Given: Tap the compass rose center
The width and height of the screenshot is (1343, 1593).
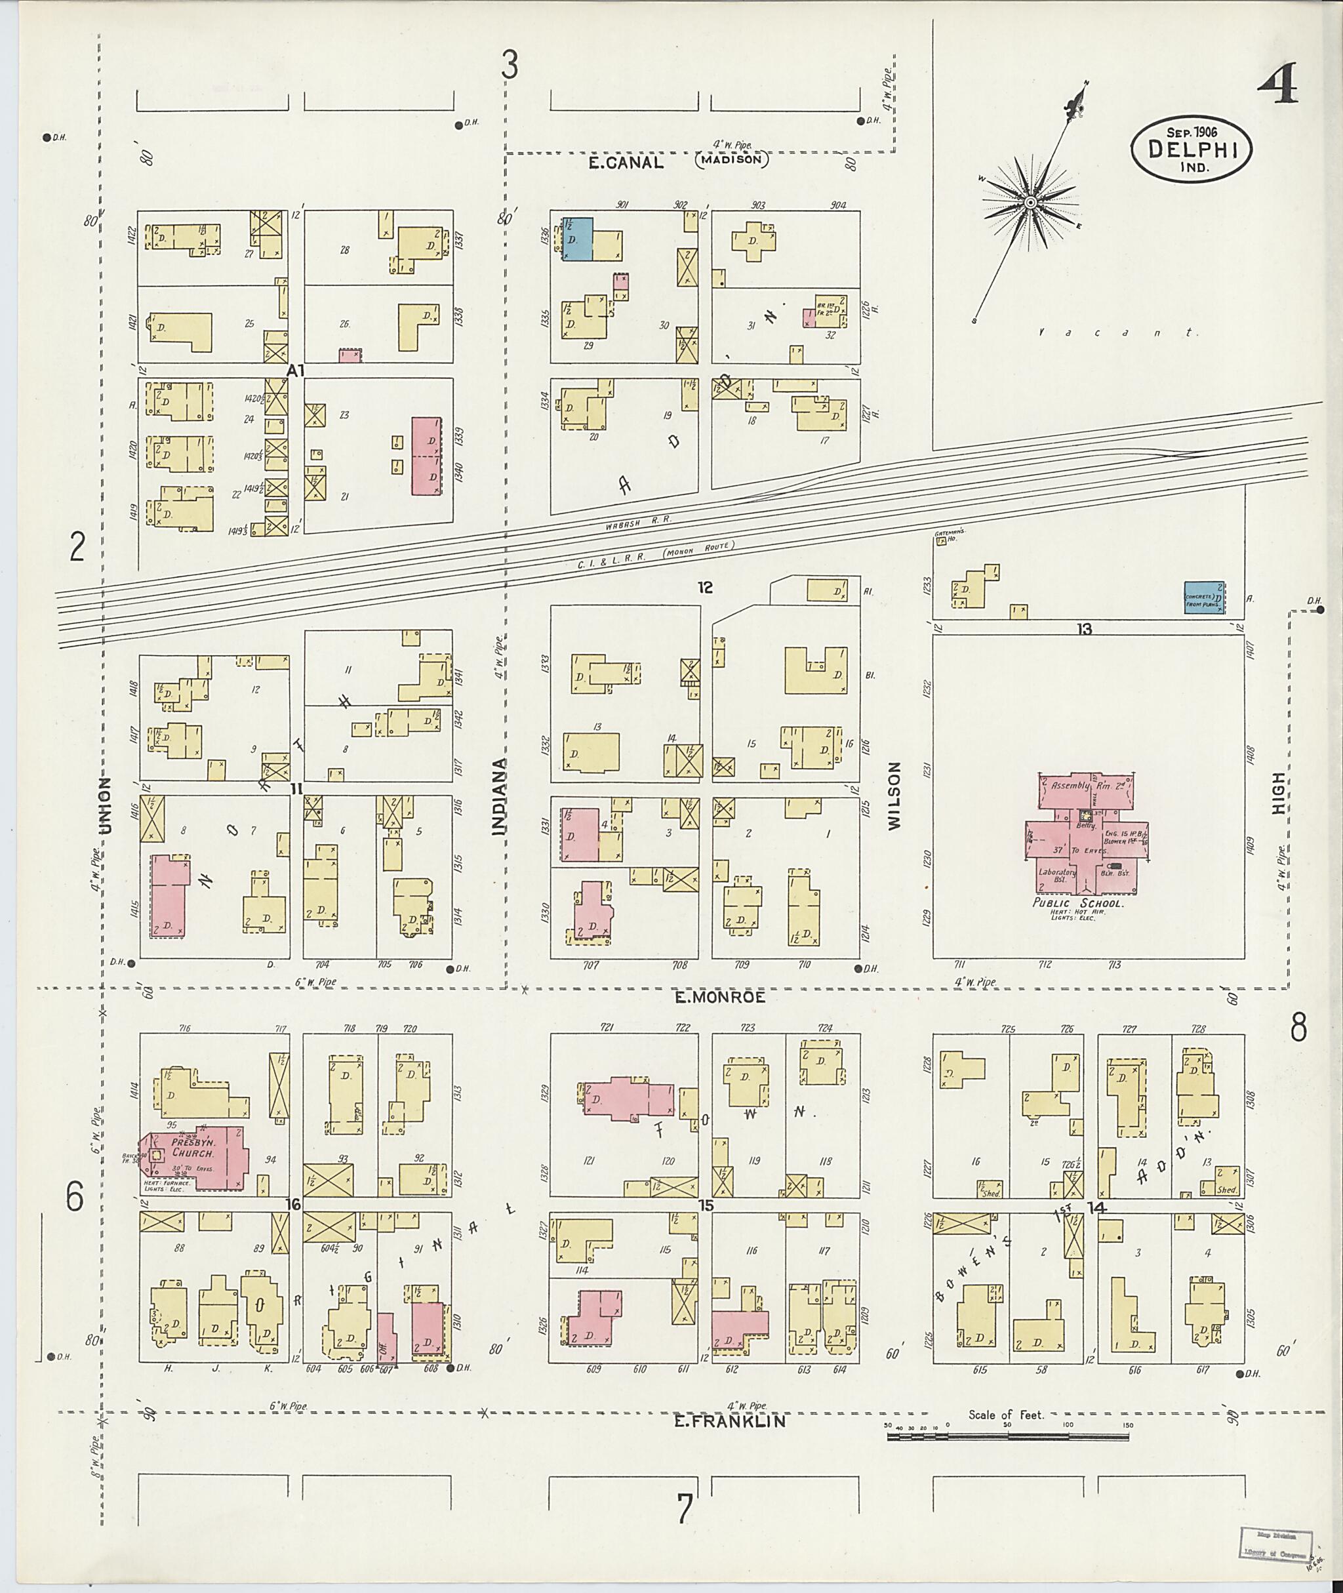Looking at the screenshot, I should coord(1030,203).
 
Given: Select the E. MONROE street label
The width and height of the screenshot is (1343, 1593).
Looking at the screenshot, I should coord(719,997).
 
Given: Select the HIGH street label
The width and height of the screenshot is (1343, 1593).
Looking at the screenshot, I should coord(1277,793).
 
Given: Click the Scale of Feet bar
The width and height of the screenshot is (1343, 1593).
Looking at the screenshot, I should coord(1007,1436).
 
